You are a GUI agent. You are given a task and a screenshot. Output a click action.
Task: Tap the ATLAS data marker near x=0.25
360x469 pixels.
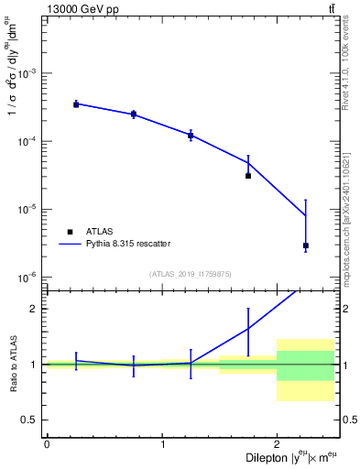click(x=76, y=104)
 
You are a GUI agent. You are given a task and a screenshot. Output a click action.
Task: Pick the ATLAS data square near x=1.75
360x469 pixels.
click(x=248, y=175)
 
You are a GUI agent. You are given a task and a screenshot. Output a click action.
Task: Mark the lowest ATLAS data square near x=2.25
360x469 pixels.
click(x=306, y=245)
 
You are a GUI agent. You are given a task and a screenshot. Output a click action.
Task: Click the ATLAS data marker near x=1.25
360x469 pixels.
click(x=191, y=136)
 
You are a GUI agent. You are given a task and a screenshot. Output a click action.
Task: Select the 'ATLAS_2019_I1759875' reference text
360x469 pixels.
click(x=191, y=273)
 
